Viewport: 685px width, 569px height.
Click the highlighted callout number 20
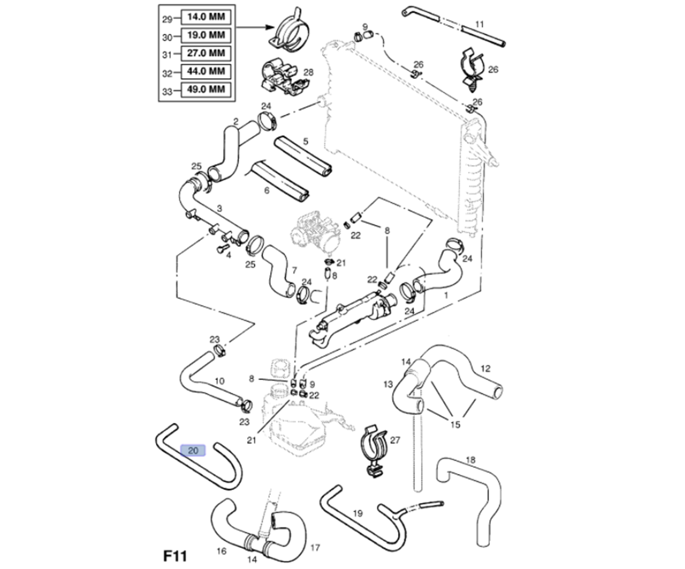193,451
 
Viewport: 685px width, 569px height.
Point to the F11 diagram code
175,556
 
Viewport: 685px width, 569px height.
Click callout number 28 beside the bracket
308,72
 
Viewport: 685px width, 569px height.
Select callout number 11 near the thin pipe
479,24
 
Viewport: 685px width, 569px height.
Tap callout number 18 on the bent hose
470,459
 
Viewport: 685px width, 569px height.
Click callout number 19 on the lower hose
358,513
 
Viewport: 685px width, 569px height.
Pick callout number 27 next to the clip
395,440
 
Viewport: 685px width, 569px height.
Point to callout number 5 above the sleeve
306,141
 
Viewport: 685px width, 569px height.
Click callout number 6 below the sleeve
267,190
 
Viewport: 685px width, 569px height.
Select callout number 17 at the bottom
315,547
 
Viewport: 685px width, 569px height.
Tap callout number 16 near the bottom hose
221,551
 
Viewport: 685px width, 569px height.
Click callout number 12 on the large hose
485,368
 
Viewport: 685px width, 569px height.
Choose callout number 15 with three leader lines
455,425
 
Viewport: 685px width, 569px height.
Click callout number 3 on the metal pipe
219,208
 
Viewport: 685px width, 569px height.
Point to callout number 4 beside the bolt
228,255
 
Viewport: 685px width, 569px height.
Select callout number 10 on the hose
219,381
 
